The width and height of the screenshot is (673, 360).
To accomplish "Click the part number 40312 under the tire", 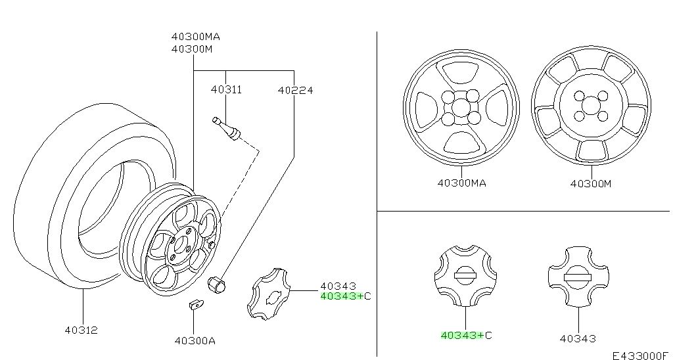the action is click(81, 330).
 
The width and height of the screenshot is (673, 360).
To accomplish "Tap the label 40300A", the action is click(195, 341).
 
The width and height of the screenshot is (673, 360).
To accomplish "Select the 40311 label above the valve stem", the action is click(226, 89).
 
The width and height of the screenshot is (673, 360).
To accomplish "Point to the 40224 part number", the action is click(295, 90).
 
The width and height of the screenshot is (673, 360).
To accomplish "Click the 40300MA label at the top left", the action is click(196, 37).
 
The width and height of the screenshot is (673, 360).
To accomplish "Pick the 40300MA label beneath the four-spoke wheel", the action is click(462, 183).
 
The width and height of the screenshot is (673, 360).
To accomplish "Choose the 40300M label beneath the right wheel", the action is click(591, 184).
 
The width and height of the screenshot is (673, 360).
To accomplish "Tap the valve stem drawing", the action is click(226, 129).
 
